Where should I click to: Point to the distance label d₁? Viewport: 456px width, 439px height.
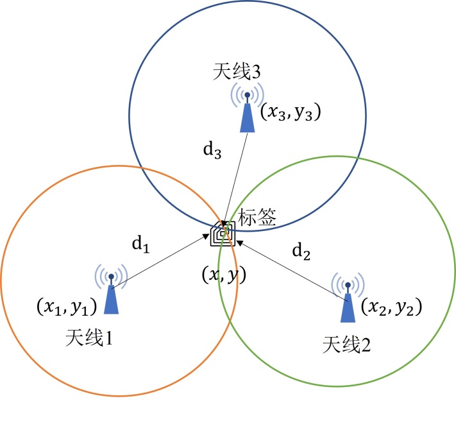[140, 244]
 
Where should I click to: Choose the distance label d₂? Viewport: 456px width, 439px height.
[301, 253]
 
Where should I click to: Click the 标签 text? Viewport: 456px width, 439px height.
[257, 217]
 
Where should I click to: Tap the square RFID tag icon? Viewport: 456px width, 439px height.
[223, 235]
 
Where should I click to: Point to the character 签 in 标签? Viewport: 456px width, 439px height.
[266, 217]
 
